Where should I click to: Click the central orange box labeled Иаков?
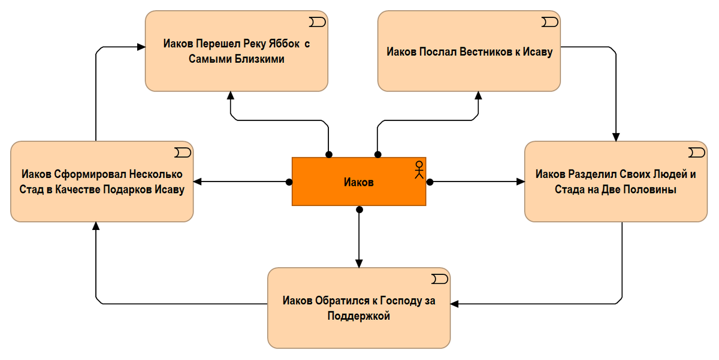click(x=359, y=181)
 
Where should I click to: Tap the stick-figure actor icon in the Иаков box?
click(x=419, y=170)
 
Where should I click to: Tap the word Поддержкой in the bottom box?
click(x=359, y=316)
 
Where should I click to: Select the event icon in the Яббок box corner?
click(x=317, y=22)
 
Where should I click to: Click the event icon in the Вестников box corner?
click(x=549, y=22)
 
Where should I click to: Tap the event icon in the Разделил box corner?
click(x=696, y=153)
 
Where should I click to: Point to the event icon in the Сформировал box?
click(x=182, y=153)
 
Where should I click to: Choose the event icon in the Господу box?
click(x=439, y=279)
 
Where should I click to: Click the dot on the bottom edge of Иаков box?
click(x=359, y=210)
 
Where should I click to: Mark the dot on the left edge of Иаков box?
click(x=289, y=182)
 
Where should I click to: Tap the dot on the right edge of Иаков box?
click(x=430, y=182)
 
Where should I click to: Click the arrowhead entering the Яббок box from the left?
click(x=141, y=47)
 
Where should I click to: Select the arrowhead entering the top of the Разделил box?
click(x=616, y=137)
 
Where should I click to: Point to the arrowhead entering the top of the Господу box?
click(x=359, y=264)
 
